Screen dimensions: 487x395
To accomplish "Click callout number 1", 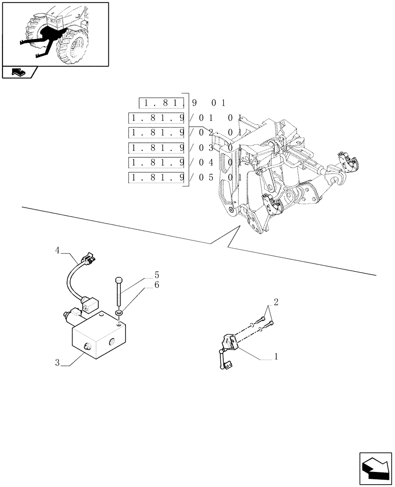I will [276, 356].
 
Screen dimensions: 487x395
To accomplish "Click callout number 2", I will [276, 302].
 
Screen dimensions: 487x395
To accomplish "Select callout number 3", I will [57, 363].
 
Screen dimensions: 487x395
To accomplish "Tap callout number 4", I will [57, 250].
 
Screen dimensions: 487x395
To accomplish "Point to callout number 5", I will [157, 275].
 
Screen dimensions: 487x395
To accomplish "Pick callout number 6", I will [157, 285].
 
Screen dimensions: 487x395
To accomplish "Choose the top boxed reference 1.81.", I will [162, 103].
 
